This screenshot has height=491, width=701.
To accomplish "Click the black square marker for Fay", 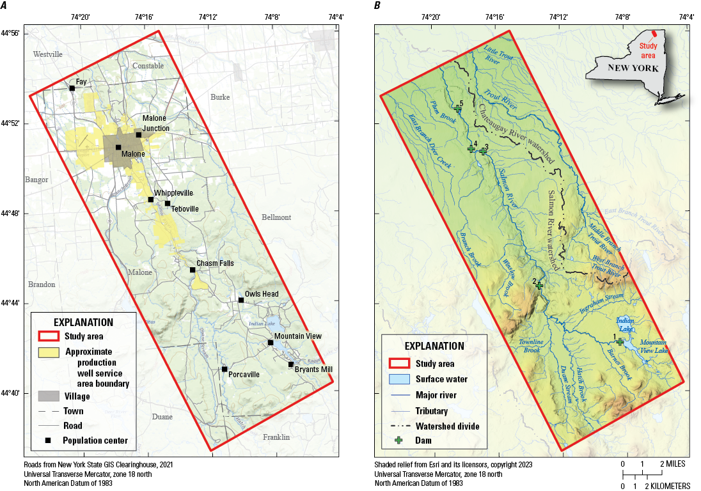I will [x=72, y=88].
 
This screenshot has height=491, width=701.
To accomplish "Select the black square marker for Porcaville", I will [x=224, y=369].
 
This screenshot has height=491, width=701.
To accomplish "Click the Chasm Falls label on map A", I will [x=215, y=263].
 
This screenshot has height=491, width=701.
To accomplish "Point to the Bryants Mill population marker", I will [x=291, y=364].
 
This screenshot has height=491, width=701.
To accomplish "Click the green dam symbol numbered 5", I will [x=458, y=109].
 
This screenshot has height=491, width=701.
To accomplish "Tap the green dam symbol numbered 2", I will [x=539, y=285].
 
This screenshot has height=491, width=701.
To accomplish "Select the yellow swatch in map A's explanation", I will [x=49, y=352].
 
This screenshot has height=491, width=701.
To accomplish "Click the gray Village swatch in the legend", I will [x=49, y=396].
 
